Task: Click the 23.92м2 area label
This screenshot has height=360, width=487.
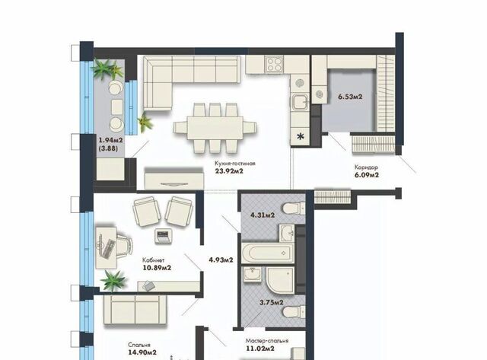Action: click(x=229, y=170)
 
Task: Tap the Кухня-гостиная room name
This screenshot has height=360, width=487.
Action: click(x=235, y=163)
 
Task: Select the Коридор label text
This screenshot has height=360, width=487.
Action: click(x=366, y=167)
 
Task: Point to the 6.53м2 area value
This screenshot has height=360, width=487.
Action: click(x=350, y=97)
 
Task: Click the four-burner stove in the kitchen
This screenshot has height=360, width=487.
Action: click(x=274, y=64)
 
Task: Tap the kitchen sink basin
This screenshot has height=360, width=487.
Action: click(x=300, y=102)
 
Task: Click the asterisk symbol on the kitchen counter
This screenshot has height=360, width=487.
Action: click(x=301, y=136)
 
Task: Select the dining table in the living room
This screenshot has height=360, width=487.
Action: click(x=215, y=128)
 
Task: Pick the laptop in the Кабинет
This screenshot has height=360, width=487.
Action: click(x=163, y=236)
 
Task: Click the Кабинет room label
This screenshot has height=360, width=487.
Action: click(x=154, y=260)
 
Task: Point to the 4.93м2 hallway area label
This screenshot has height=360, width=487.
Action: click(x=221, y=260)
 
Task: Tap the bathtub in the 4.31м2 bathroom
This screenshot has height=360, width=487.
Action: click(x=268, y=253)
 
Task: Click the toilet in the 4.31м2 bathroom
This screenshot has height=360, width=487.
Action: click(x=294, y=208)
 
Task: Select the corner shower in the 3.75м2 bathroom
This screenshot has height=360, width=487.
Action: click(x=280, y=280)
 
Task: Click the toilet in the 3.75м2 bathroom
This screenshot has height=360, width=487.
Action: click(x=294, y=311)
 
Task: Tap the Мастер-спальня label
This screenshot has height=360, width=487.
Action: click(x=267, y=341)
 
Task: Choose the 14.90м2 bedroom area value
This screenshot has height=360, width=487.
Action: click(x=142, y=352)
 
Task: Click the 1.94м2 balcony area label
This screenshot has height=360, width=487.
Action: click(x=110, y=140)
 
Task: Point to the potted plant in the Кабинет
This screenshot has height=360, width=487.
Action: click(x=113, y=280)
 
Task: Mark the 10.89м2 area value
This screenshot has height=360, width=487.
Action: click(x=157, y=267)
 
